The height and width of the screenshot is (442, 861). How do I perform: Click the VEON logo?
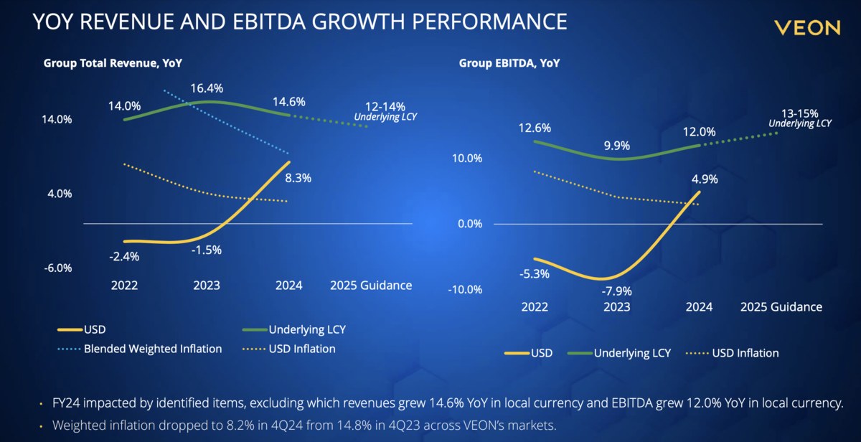[807, 28]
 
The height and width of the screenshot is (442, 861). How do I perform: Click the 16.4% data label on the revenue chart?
[207, 88]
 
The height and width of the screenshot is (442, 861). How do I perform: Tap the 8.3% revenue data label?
[297, 179]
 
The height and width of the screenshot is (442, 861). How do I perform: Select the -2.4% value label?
[124, 256]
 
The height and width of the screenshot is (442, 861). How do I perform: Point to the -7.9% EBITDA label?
[616, 291]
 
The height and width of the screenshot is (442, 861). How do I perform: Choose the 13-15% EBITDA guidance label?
[799, 113]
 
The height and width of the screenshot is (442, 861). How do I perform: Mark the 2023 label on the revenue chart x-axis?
[207, 285]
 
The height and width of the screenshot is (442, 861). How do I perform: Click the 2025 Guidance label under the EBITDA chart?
[781, 306]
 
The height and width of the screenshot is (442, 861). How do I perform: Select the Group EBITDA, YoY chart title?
[509, 63]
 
